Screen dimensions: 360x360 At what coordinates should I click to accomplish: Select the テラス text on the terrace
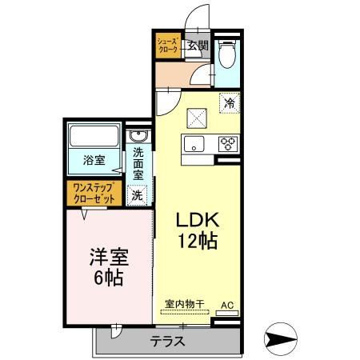(x=167, y=340)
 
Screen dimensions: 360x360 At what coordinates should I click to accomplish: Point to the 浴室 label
(x=94, y=160)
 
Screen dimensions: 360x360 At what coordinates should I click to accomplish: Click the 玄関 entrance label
(x=198, y=46)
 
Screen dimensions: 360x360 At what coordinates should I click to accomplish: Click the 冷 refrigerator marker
(x=230, y=102)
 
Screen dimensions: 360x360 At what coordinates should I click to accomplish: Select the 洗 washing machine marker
(x=138, y=194)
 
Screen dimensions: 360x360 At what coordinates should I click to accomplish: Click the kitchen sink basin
(x=194, y=144)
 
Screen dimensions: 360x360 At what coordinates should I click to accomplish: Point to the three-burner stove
(x=228, y=144)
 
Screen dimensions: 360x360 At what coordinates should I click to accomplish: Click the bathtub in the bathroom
(x=94, y=135)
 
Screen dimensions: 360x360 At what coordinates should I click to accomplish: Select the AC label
(x=226, y=305)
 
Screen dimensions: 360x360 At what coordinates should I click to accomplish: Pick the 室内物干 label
(x=185, y=304)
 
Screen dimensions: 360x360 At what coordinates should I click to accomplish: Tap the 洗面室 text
(x=138, y=163)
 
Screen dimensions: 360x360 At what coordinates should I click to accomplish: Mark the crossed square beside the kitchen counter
(x=196, y=118)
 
